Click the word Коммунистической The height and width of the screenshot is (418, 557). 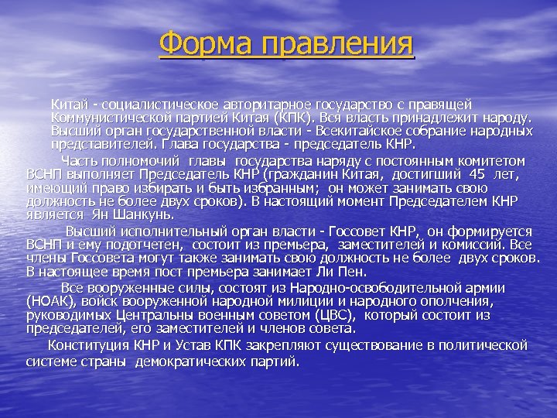coord(108,117)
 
